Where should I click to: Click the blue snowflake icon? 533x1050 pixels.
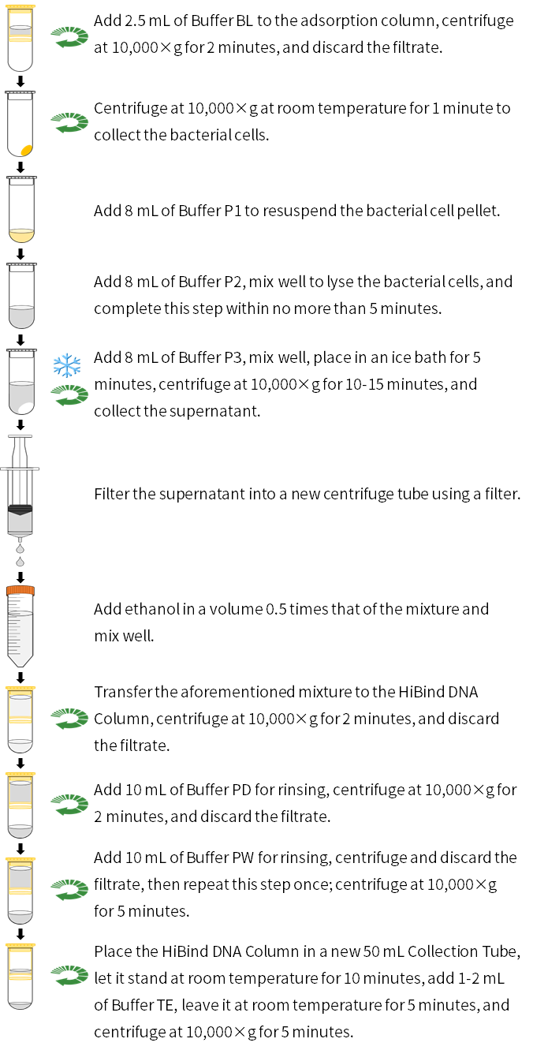click(66, 365)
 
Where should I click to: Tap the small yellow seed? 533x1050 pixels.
click(26, 150)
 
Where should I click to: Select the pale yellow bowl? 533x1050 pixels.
click(21, 235)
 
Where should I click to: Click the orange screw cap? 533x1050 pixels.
click(20, 591)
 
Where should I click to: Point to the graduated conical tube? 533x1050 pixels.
click(20, 637)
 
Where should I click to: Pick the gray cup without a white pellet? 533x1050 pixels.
click(21, 316)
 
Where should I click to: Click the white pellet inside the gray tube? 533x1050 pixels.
click(26, 407)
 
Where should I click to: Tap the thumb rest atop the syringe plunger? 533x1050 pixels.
click(20, 436)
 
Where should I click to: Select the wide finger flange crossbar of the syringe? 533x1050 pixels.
click(20, 469)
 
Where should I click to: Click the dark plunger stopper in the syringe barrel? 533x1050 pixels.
click(20, 510)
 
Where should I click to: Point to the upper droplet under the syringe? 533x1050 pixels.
click(20, 549)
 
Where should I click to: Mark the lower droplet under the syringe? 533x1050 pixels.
click(20, 562)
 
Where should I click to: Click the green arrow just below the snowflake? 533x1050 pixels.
click(69, 394)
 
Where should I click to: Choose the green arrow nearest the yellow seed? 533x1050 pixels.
click(69, 122)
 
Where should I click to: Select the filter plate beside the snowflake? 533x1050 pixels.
click(21, 353)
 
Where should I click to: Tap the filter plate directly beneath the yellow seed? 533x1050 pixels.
click(21, 181)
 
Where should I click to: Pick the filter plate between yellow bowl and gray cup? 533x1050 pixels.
click(21, 267)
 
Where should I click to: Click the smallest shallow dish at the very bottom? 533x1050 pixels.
click(20, 1005)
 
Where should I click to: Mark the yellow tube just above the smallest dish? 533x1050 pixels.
click(20, 962)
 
